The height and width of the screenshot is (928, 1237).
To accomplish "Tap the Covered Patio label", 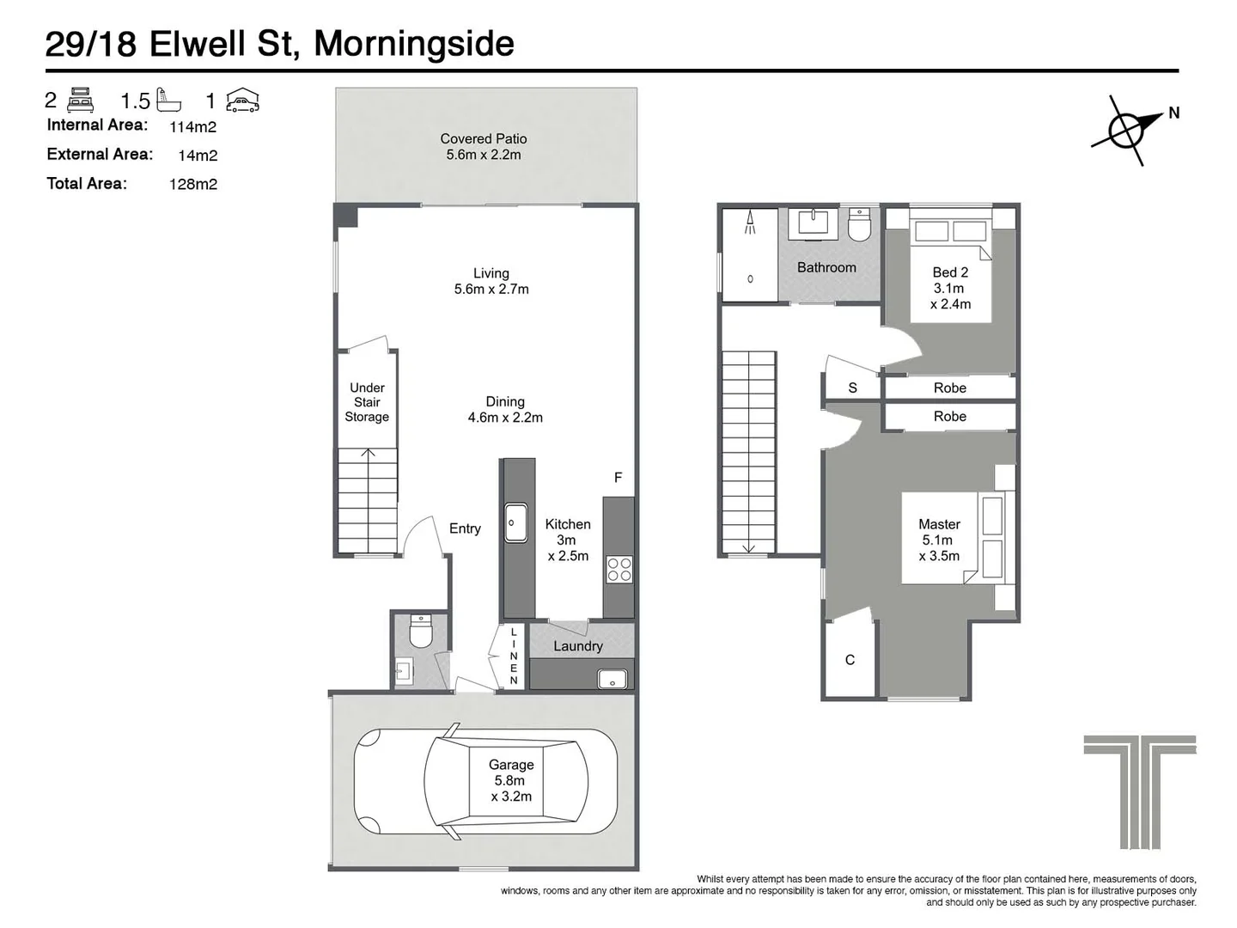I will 484,147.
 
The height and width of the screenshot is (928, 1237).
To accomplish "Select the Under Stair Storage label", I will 367,402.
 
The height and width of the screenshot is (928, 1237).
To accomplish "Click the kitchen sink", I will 515,522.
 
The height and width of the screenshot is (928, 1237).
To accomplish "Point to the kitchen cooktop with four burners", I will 619,570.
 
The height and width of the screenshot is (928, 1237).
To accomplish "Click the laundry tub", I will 612,679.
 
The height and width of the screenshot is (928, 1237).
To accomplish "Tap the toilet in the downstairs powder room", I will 421,632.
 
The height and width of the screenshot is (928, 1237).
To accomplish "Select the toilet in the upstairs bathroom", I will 859,225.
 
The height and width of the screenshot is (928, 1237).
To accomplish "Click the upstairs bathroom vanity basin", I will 813,223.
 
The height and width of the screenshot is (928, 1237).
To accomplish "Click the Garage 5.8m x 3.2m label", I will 511,780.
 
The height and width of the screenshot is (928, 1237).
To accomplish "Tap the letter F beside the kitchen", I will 618,478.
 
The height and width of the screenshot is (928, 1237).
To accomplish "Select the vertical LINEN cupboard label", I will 514,656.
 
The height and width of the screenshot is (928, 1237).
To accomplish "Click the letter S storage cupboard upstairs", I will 852,388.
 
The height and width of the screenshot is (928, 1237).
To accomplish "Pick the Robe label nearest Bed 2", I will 950,388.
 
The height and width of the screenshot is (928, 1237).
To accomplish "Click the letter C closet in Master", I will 850,660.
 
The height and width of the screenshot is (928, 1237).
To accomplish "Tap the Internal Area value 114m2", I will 193,127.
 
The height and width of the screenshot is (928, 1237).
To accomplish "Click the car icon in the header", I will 242,101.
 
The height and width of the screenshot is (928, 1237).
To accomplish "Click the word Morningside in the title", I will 414,44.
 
